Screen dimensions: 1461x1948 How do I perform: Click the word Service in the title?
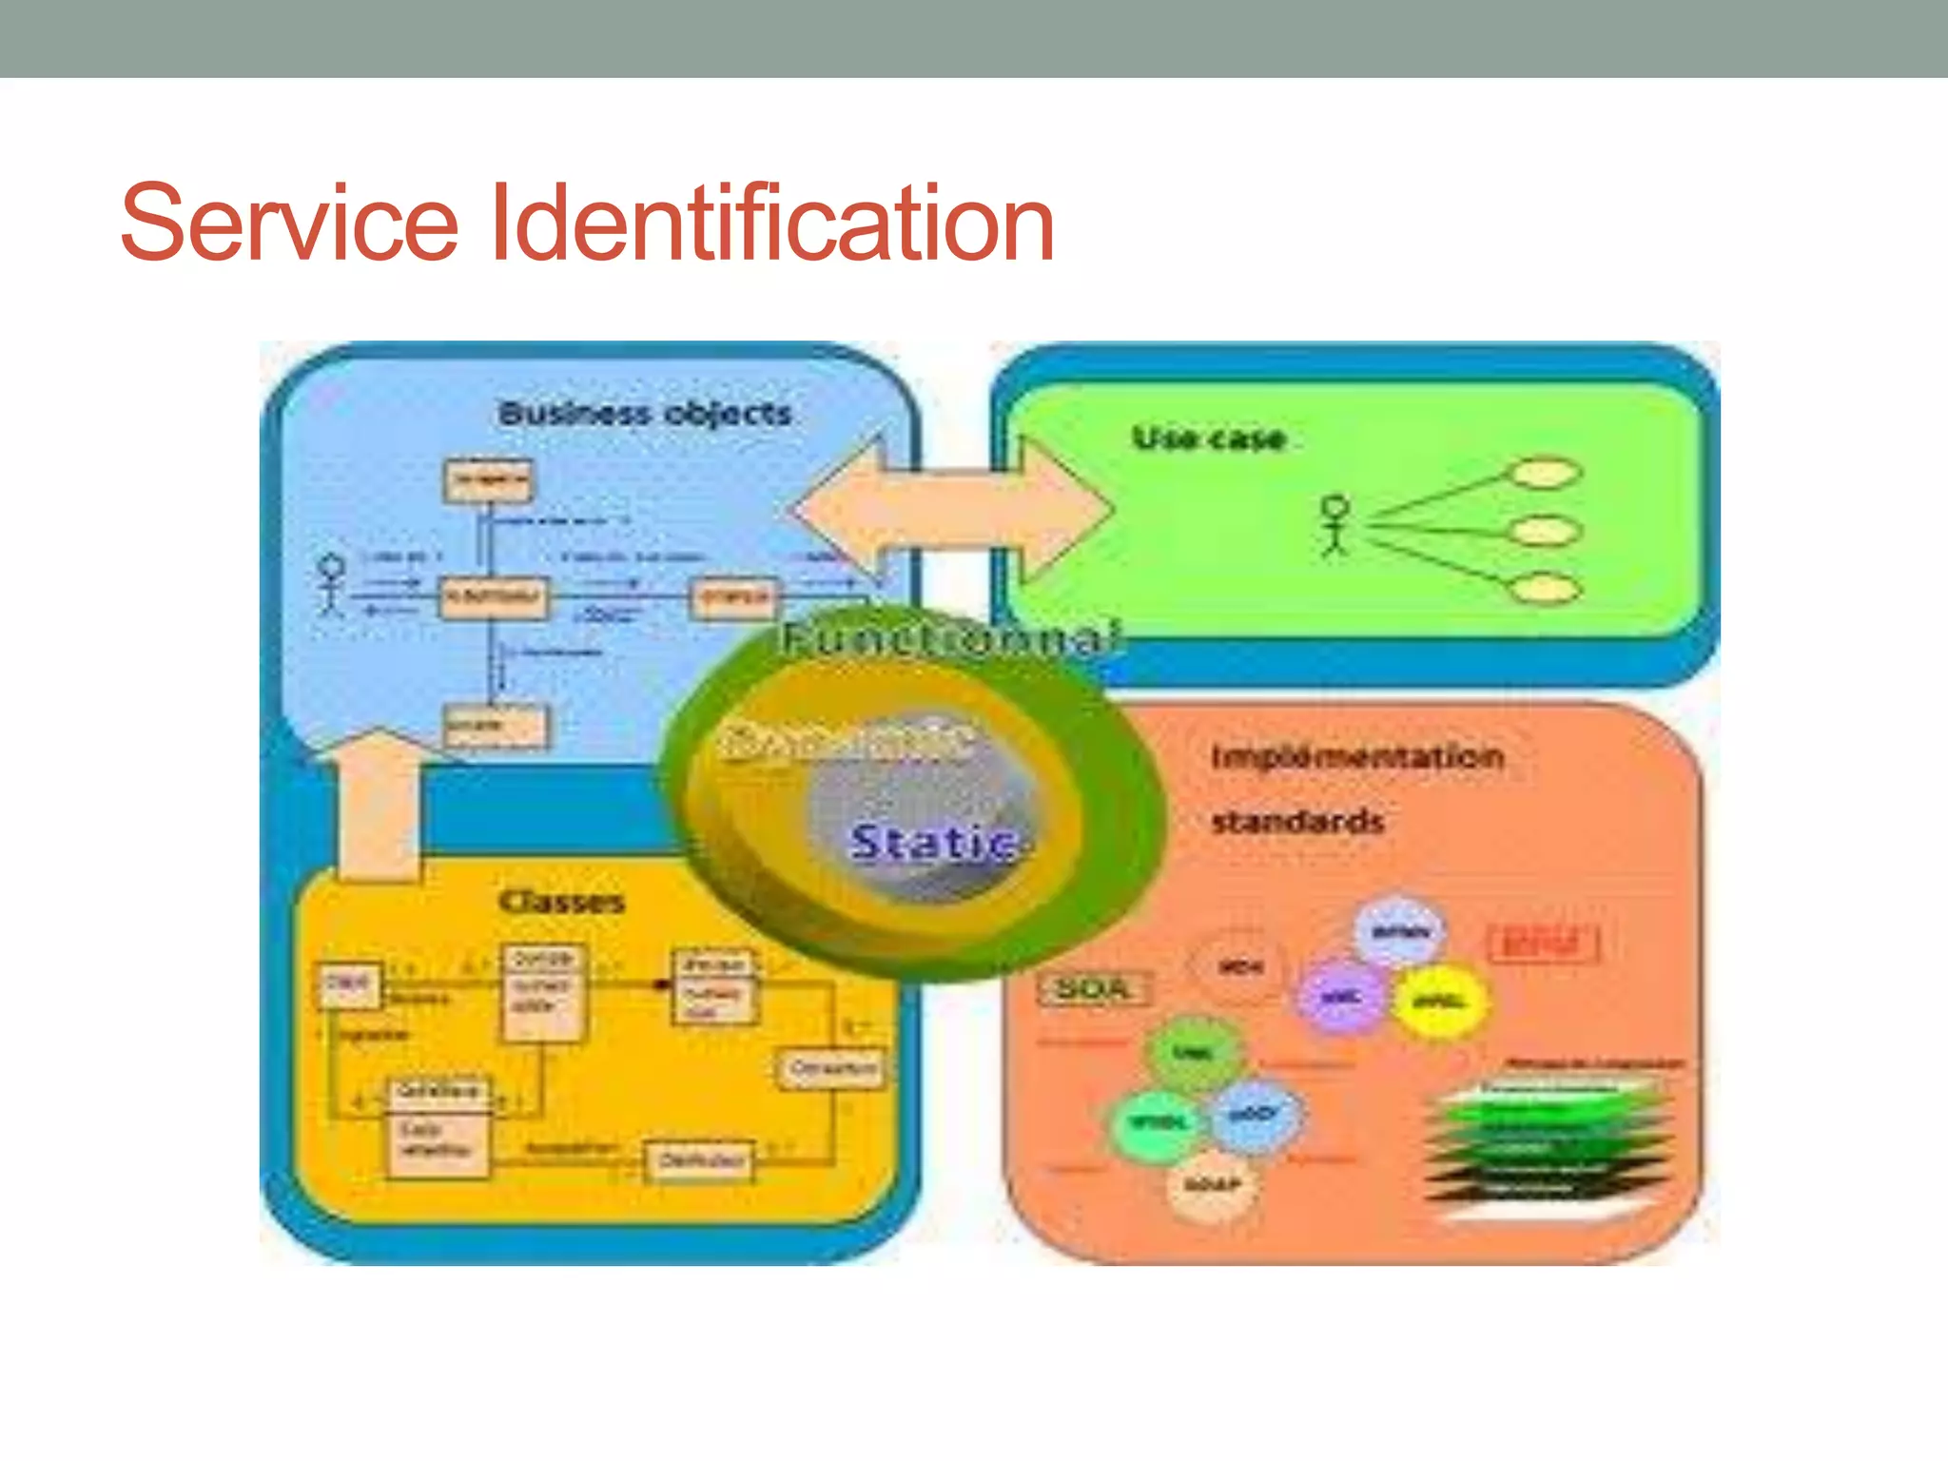290,224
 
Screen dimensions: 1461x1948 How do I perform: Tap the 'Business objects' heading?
645,414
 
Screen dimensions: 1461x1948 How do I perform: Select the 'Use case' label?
1209,438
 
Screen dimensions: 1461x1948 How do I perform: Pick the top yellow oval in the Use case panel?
1547,474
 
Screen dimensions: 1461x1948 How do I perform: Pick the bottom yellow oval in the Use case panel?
1547,589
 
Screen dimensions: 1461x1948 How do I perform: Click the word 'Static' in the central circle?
933,843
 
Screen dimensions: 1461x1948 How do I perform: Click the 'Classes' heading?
561,902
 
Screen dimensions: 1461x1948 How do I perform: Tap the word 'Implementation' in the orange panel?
1357,757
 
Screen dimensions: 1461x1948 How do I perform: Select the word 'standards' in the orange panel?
1297,822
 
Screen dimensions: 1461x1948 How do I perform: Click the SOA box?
1093,989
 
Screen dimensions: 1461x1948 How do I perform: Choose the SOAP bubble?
1212,1185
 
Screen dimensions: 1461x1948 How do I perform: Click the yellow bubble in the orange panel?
1439,1002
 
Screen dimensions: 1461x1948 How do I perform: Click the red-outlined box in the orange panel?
1543,944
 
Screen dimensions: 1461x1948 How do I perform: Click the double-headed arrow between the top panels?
952,509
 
